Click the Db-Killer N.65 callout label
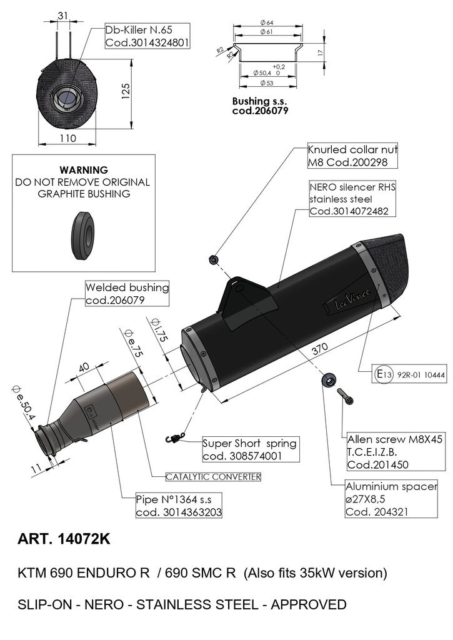click(147, 36)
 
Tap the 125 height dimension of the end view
click(126, 91)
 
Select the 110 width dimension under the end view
click(67, 138)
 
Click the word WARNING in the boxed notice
click(84, 170)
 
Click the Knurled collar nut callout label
click(352, 156)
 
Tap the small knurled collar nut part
click(213, 259)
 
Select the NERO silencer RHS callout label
click(352, 199)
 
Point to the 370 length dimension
click(319, 348)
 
